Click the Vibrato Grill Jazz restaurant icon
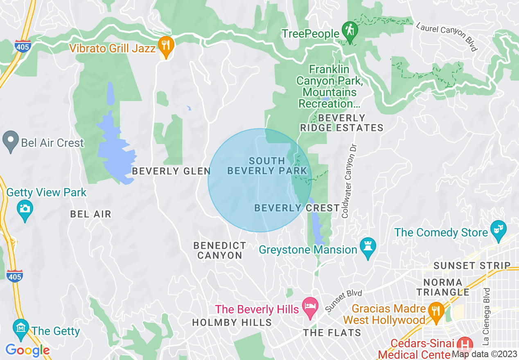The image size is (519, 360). pos(165,45)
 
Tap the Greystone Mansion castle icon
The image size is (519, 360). pos(368,247)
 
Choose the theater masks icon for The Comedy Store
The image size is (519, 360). pos(498,229)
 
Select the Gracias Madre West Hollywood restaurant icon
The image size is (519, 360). pos(436,310)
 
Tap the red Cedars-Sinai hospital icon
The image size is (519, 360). pos(465,344)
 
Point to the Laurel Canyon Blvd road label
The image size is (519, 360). pos(447,36)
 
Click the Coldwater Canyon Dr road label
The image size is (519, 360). pos(349,180)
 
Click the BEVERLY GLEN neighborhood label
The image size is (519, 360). pos(171,171)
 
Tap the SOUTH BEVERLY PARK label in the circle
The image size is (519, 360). pos(267,166)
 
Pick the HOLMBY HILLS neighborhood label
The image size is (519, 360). pos(232,322)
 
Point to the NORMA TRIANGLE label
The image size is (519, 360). pos(443,287)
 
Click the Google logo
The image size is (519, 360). pos(27,350)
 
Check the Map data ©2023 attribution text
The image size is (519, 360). pos(484,354)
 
